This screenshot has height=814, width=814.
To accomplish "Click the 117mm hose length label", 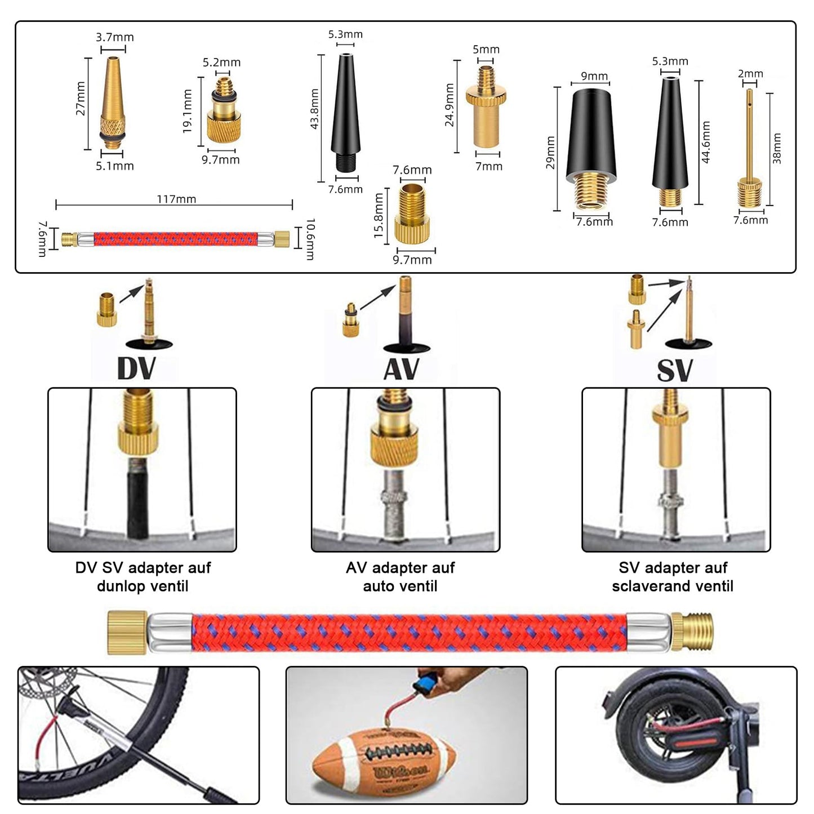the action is (x=176, y=198).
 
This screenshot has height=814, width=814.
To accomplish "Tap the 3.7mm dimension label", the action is (x=114, y=37).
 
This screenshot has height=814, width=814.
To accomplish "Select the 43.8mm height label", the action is (x=314, y=109).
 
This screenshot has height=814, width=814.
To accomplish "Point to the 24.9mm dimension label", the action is (x=450, y=105).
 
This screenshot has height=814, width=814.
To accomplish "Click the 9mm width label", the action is (x=594, y=76).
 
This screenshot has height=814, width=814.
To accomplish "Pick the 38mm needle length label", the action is (x=776, y=149).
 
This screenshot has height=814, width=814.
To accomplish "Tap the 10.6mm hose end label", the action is (x=310, y=239).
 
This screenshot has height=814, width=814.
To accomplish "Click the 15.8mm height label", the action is (x=379, y=215).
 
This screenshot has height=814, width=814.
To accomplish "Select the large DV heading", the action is (x=136, y=368).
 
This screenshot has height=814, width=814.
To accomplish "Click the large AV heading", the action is (x=401, y=369).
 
